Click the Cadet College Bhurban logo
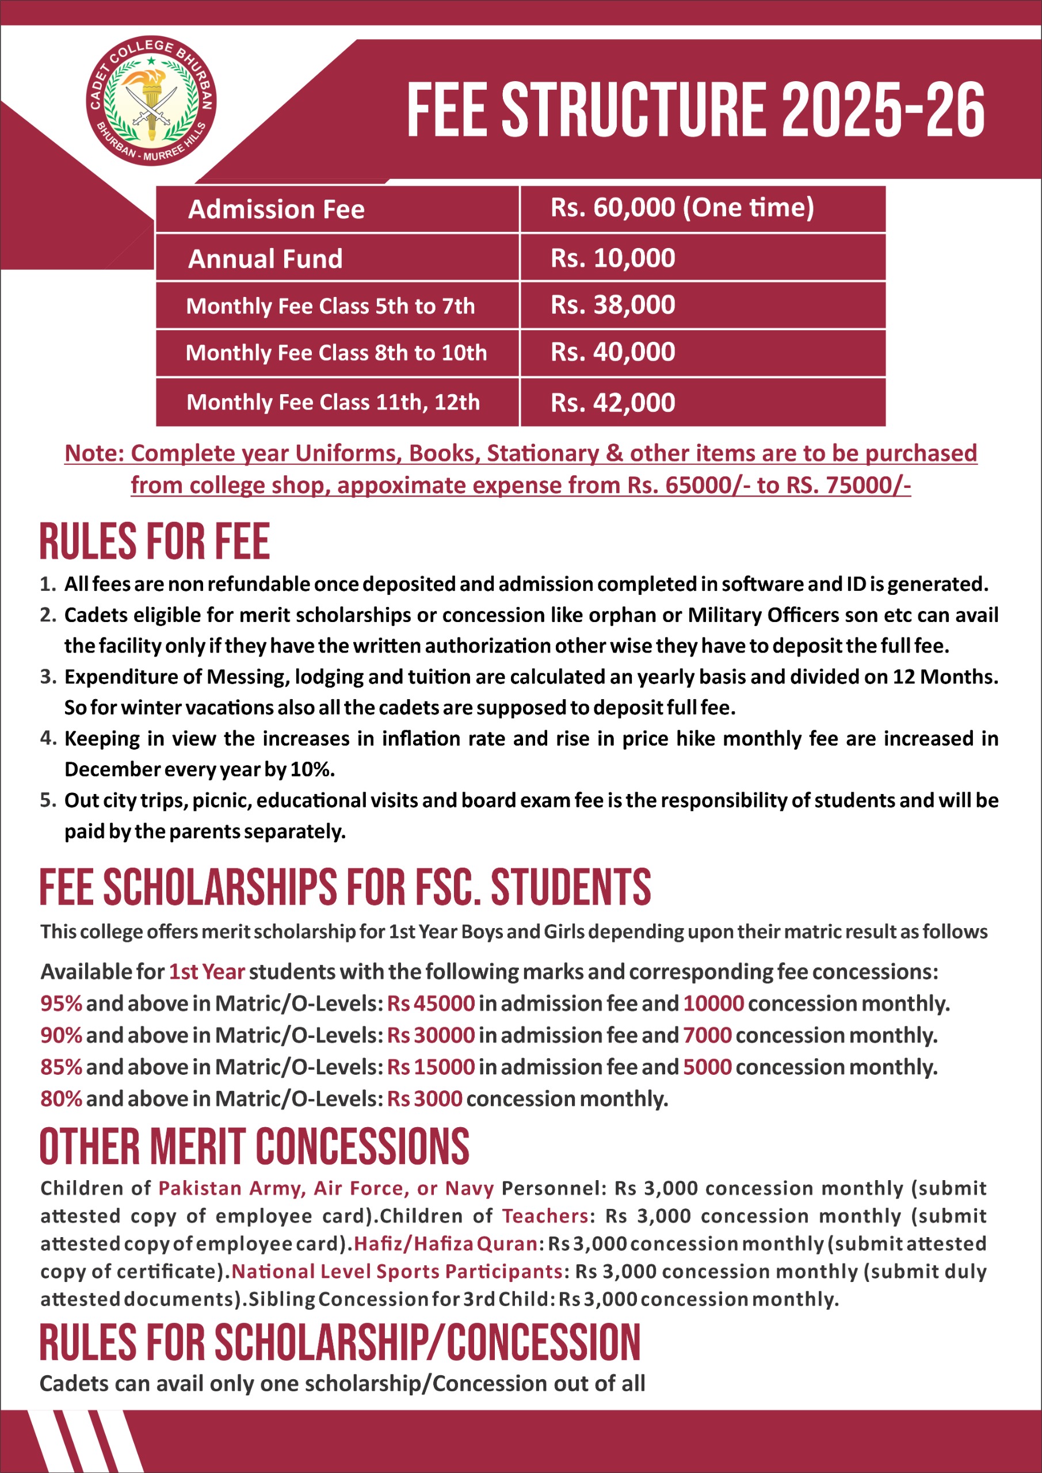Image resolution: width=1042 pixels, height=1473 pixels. [x=151, y=100]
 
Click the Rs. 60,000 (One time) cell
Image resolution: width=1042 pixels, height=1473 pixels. [x=681, y=208]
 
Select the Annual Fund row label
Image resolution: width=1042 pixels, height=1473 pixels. [x=265, y=258]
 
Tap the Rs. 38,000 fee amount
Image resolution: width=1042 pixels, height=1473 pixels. [x=613, y=305]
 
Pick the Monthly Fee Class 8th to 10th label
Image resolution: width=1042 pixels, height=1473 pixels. [x=336, y=353]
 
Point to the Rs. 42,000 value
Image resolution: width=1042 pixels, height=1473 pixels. [x=613, y=403]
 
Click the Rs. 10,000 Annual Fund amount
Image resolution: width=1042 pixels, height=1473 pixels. [x=613, y=258]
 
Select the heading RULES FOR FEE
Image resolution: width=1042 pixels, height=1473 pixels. [x=155, y=542]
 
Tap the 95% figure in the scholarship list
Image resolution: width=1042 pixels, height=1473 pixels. [x=61, y=1003]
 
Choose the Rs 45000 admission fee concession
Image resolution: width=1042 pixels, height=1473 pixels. [x=430, y=1003]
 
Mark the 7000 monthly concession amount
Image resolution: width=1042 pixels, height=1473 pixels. [x=707, y=1035]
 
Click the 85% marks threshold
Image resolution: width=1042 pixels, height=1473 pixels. [x=61, y=1067]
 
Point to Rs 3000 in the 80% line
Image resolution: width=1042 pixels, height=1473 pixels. [x=424, y=1098]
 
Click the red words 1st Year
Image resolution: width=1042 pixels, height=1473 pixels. [x=207, y=972]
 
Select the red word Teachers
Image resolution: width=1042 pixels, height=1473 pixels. [x=545, y=1216]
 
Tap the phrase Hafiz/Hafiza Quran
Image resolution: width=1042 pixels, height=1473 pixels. [x=445, y=1243]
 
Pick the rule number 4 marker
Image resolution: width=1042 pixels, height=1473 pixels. [x=48, y=738]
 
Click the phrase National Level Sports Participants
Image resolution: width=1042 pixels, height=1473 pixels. [x=396, y=1271]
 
